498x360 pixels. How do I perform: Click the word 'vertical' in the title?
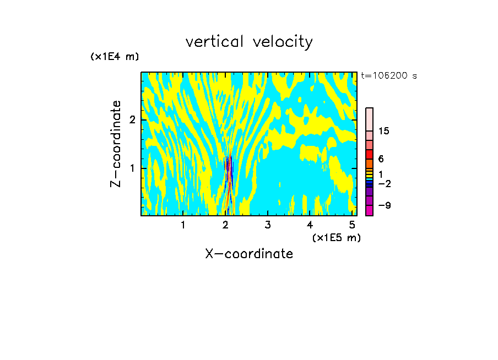click(216, 42)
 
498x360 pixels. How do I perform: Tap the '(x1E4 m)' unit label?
click(115, 56)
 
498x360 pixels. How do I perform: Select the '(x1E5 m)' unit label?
click(336, 237)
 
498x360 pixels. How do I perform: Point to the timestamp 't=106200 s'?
click(389, 76)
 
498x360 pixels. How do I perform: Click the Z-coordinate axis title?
click(116, 144)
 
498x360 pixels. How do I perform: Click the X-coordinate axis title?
click(249, 254)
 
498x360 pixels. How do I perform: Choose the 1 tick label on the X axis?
click(183, 225)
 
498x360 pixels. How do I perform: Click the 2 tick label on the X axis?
click(225, 225)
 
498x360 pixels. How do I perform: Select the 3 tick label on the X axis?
click(268, 225)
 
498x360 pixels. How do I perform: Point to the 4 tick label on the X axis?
click(310, 225)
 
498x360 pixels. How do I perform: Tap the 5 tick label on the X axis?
click(352, 225)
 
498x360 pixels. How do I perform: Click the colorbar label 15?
click(384, 131)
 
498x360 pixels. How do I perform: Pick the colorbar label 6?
click(381, 159)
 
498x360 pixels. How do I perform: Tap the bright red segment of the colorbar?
click(370, 155)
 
